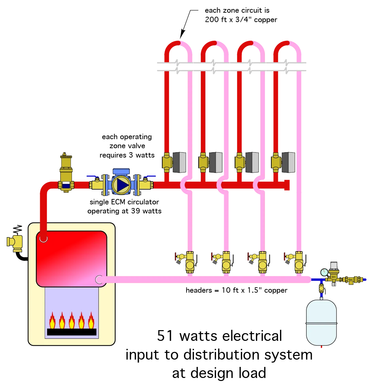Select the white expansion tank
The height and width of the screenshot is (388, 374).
click(321, 323)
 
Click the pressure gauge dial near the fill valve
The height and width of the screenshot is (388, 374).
click(324, 272)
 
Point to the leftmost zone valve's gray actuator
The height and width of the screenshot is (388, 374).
click(180, 162)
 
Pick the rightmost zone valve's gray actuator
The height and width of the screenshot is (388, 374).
click(288, 163)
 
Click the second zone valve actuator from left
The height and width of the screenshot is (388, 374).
click(216, 162)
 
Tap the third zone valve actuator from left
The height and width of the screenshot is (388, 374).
click(252, 162)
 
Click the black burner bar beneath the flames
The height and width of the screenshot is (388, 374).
click(72, 332)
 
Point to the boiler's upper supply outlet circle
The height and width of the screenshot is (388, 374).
click(43, 238)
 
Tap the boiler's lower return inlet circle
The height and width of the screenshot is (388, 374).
click(99, 280)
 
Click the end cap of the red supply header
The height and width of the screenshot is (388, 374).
click(287, 185)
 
